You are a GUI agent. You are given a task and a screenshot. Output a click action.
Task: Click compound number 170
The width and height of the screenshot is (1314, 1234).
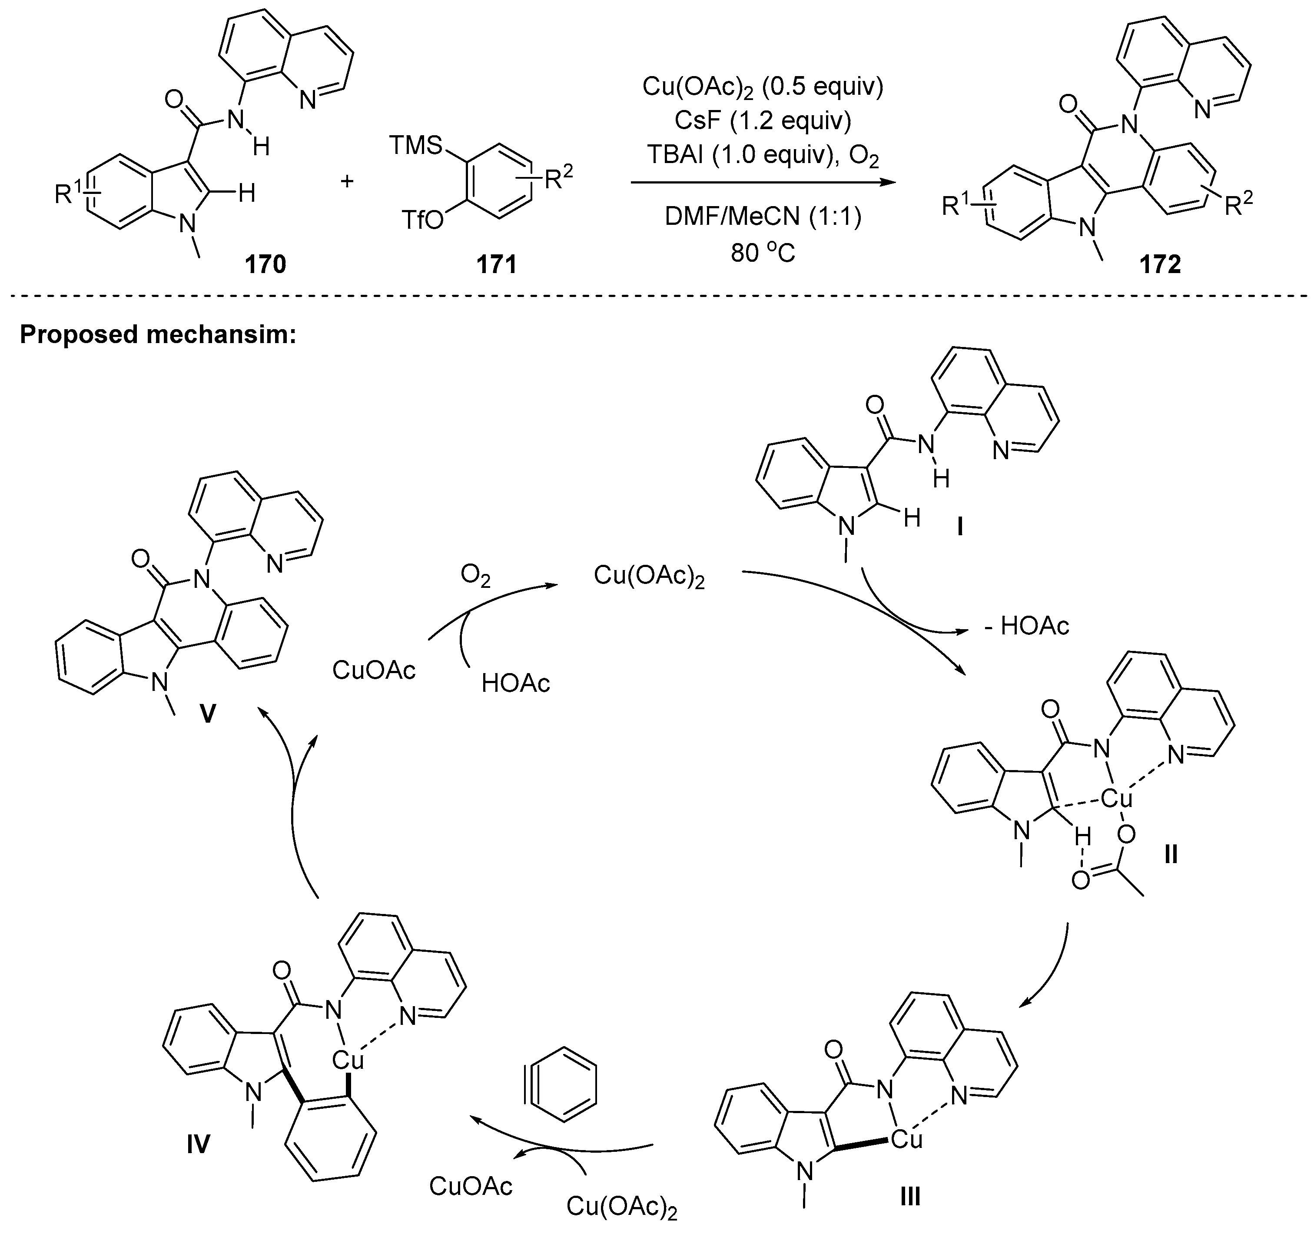pos(265,264)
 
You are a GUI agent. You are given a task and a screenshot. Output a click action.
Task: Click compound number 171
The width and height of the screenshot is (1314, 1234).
pos(497,264)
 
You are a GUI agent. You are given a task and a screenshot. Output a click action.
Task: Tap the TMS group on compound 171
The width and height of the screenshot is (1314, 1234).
pos(415,145)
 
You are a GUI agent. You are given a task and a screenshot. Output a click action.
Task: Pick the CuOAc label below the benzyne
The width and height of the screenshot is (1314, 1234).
pos(471,1186)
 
